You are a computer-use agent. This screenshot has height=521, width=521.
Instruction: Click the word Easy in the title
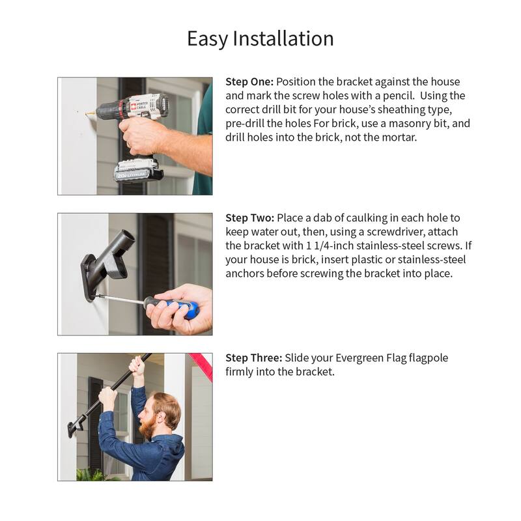click(207, 39)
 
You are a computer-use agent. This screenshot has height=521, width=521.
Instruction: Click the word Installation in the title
click(283, 38)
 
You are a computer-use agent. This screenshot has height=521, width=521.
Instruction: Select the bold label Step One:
click(249, 82)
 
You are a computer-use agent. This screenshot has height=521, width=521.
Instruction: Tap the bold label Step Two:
click(250, 218)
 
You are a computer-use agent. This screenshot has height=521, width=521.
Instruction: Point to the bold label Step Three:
click(254, 358)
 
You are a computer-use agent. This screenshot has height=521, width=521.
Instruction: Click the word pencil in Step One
click(399, 96)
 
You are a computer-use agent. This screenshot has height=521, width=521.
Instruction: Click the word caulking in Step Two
click(367, 218)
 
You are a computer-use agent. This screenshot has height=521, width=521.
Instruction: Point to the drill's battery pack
click(138, 171)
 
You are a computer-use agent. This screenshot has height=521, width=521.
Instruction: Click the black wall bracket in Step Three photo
click(74, 428)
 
